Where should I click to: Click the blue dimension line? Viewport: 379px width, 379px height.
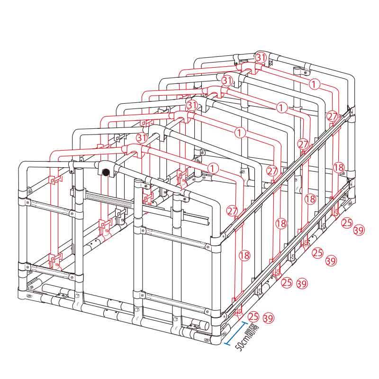coord(236,333)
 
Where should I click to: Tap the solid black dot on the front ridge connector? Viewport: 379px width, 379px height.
coord(106,172)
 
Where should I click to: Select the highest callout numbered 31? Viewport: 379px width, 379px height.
coord(261,57)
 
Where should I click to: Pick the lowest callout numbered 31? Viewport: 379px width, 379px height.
coord(142,138)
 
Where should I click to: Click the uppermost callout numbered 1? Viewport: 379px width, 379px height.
coord(314,84)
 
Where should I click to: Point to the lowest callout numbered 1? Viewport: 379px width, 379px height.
coord(213,168)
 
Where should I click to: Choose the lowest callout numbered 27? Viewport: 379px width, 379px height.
coord(232,211)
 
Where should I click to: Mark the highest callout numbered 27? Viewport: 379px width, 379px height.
coord(332,116)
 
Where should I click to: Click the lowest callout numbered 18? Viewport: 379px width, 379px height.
coord(244,255)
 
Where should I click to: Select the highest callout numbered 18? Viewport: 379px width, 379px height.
coord(339,167)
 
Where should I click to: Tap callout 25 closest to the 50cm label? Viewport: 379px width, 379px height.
coord(253,316)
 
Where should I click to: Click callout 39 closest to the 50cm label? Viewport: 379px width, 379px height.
coord(269,318)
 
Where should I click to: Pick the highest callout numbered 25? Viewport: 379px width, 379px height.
coord(347,223)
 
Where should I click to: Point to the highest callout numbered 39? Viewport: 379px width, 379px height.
coord(359,230)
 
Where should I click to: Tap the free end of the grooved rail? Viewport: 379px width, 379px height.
coord(208,222)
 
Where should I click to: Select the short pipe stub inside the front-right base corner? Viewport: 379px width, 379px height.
coord(200,325)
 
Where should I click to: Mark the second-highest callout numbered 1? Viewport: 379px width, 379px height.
coord(281,107)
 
